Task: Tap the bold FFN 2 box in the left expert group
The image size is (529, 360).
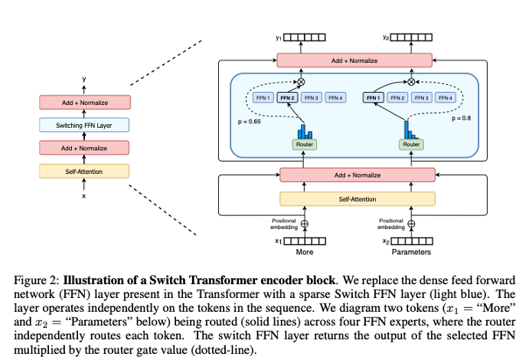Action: click(x=288, y=98)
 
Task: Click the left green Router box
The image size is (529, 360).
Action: click(x=304, y=144)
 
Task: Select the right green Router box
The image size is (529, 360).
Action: click(x=411, y=144)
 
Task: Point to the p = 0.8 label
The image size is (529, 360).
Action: click(x=462, y=119)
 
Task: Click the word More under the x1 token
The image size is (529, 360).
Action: click(x=304, y=252)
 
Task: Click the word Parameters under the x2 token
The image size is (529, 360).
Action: click(x=411, y=252)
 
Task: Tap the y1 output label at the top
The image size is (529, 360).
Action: click(x=279, y=37)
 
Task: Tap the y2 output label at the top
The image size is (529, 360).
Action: click(x=386, y=37)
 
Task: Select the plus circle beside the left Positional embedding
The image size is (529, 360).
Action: click(x=305, y=224)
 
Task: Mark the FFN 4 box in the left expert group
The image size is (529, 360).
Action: click(x=335, y=98)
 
